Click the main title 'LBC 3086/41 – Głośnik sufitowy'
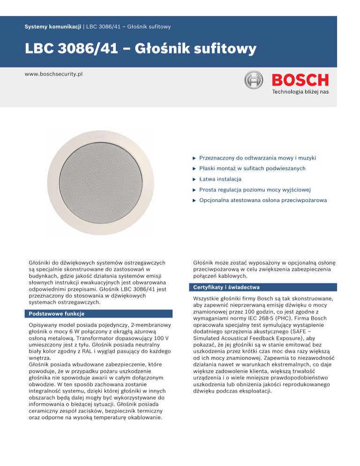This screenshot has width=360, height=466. [x=140, y=49]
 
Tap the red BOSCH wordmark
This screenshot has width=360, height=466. [x=300, y=80]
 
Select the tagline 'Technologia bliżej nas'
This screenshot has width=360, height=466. [x=300, y=91]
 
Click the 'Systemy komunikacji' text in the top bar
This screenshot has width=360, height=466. [x=53, y=27]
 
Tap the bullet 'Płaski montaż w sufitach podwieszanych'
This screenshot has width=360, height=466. [x=252, y=168]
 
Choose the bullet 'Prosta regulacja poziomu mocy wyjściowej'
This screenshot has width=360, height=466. [x=255, y=190]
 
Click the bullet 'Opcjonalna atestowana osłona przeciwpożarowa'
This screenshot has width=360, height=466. [x=263, y=201]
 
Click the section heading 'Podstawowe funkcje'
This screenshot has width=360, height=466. [x=57, y=314]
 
